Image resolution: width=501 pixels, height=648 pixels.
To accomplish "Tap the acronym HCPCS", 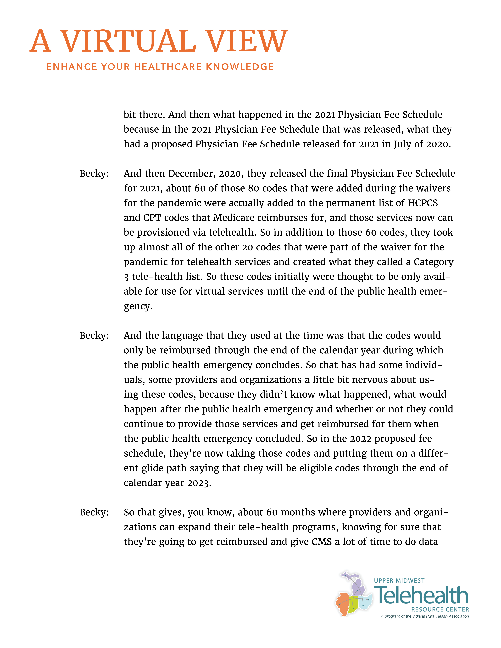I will (423, 203).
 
